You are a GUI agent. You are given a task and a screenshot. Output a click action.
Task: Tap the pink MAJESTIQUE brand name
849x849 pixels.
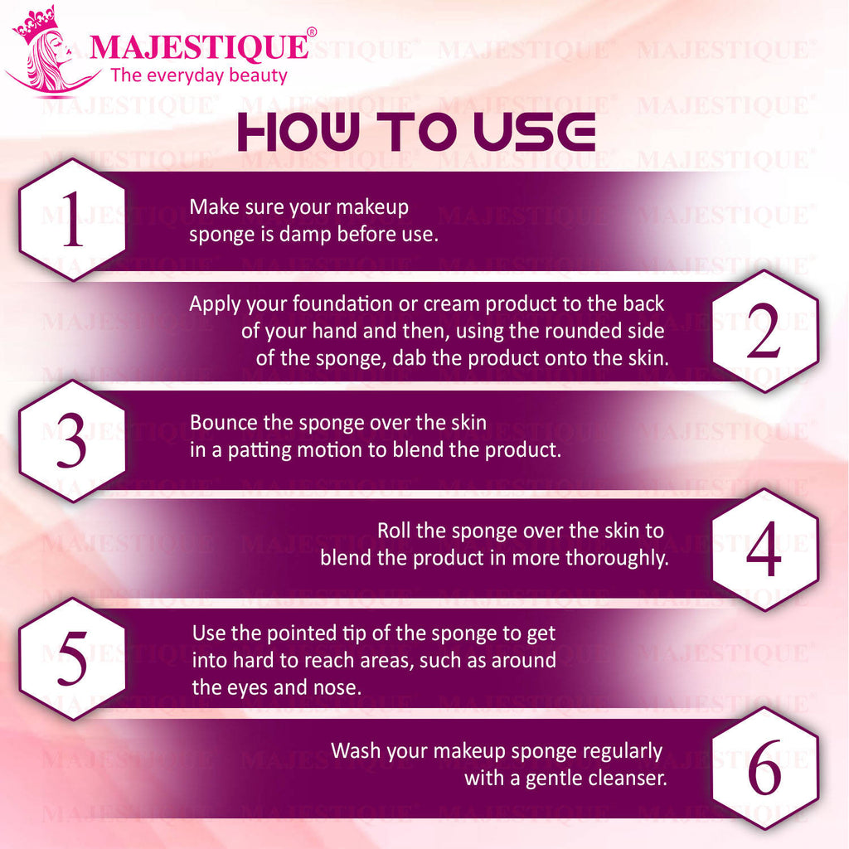pyautogui.click(x=199, y=47)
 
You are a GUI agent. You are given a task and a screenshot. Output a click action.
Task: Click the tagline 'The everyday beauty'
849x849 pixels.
pyautogui.click(x=199, y=75)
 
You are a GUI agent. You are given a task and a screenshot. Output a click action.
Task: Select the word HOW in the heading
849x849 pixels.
pyautogui.click(x=298, y=132)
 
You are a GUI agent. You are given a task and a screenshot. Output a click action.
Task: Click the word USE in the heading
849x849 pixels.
pyautogui.click(x=535, y=132)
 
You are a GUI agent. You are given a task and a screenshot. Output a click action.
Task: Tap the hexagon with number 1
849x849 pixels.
pyautogui.click(x=73, y=220)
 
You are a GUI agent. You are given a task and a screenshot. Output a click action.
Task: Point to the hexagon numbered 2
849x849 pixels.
pyautogui.click(x=764, y=331)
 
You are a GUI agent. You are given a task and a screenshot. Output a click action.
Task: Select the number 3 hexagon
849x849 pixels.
pyautogui.click(x=73, y=441)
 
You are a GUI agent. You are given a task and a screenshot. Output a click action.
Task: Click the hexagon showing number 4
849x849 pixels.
pyautogui.click(x=764, y=550)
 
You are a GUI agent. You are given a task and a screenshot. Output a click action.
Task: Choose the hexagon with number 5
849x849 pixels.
pyautogui.click(x=73, y=659)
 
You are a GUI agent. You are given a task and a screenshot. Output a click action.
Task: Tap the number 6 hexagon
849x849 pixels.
pyautogui.click(x=764, y=769)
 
